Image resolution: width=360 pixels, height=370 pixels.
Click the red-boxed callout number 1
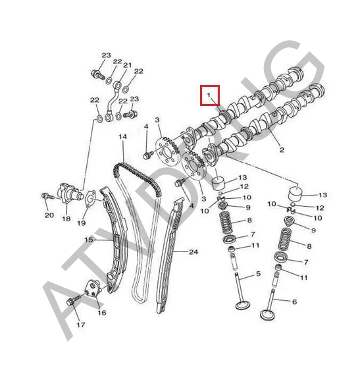pos(209,95)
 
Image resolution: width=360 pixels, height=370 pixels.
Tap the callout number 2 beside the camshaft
pos(282,149)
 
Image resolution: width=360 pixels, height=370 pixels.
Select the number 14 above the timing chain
pos(122,137)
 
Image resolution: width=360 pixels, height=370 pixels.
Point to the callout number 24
pos(193,252)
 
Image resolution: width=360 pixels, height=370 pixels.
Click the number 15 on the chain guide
pos(89,240)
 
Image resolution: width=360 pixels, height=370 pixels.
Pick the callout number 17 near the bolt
pos(80,325)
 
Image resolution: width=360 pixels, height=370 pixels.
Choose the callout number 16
pos(102,313)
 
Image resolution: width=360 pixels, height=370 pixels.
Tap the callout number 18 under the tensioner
pos(66,219)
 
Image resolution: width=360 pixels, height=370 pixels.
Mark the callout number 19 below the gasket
pos(82,223)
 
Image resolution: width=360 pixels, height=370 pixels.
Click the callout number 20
pos(49,215)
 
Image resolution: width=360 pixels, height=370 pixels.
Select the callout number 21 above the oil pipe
pos(128,65)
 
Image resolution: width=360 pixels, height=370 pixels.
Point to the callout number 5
pos(259,274)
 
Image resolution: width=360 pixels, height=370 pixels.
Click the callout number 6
pos(294,302)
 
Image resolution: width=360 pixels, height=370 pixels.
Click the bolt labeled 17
pos(74,300)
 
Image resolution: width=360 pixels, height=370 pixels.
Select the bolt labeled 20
pos(47,196)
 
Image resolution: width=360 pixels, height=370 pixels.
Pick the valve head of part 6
pos(267,315)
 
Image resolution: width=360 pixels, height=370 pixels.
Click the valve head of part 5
pos(243,305)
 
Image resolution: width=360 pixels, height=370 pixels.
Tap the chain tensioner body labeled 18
pos(69,194)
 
